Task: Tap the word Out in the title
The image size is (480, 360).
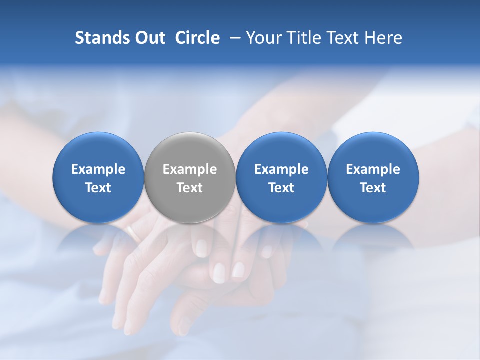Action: [148, 38]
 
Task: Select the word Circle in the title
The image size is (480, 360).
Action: [197, 38]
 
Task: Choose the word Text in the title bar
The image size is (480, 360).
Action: [338, 38]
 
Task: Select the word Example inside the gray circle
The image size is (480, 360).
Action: [190, 169]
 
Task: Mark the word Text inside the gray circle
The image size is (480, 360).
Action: [190, 188]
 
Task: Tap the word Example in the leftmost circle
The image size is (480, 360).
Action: [98, 169]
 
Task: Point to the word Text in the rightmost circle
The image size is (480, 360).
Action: [373, 188]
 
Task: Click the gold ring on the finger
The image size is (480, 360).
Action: [133, 232]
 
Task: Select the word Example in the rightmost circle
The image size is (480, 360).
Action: [373, 169]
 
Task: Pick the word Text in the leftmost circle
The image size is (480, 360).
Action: [98, 188]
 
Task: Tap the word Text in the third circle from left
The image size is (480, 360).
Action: [281, 188]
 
